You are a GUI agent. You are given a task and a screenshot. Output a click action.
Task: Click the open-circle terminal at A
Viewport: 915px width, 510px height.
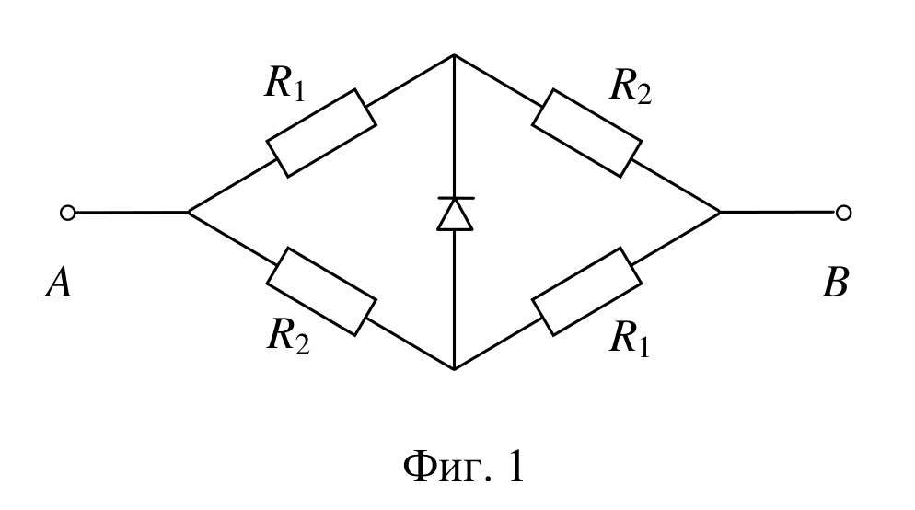pyautogui.click(x=68, y=213)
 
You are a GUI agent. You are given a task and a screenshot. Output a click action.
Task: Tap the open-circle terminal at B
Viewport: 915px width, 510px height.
pyautogui.click(x=843, y=213)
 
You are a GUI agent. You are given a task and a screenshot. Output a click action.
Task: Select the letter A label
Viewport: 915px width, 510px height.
pyautogui.click(x=58, y=283)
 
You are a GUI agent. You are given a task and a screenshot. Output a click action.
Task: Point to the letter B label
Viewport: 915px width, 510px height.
pyautogui.click(x=835, y=283)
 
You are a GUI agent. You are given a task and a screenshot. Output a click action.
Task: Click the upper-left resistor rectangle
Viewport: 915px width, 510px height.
pyautogui.click(x=321, y=133)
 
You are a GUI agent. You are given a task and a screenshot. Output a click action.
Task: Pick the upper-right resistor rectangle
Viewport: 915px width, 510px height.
pyautogui.click(x=587, y=133)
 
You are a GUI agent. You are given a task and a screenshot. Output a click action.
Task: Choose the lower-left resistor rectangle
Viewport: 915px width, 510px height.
pyautogui.click(x=321, y=292)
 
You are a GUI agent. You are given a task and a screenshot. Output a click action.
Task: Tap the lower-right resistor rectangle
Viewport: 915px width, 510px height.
pyautogui.click(x=587, y=292)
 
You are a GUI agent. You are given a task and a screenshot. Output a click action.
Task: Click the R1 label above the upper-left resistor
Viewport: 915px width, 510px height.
pyautogui.click(x=284, y=84)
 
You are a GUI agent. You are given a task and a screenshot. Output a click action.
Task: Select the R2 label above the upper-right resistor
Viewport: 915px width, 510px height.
pyautogui.click(x=631, y=87)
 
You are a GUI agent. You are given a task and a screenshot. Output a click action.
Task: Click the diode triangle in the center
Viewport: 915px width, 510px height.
pyautogui.click(x=455, y=214)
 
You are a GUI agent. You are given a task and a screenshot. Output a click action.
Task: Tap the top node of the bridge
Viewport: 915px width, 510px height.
pyautogui.click(x=454, y=55)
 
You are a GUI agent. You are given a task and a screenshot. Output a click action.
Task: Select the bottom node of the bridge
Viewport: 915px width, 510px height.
pyautogui.click(x=454, y=369)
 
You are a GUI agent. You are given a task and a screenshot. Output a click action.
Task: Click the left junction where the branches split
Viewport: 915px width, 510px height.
pyautogui.click(x=188, y=213)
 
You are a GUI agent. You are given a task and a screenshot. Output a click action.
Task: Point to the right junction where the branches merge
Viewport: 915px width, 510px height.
pyautogui.click(x=720, y=213)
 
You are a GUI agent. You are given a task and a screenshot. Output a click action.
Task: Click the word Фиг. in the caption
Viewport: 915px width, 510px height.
pyautogui.click(x=448, y=467)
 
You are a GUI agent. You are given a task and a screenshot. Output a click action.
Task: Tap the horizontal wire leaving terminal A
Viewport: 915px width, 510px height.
pyautogui.click(x=132, y=213)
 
